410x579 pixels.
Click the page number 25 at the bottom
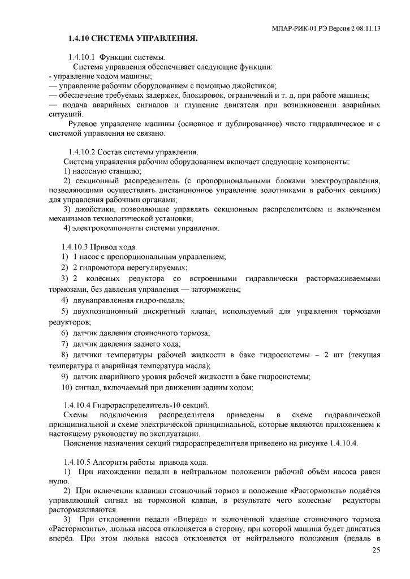click(376, 551)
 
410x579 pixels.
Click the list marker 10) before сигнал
click(67, 387)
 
